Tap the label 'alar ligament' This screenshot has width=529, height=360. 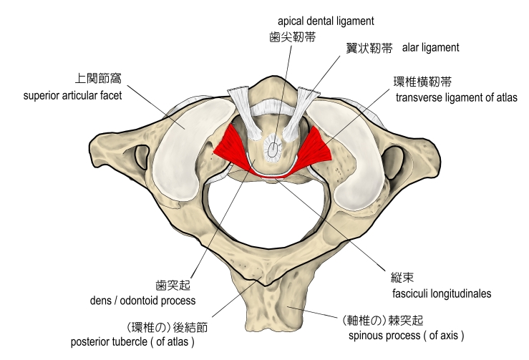point(430,48)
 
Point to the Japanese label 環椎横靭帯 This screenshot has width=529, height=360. point(422,82)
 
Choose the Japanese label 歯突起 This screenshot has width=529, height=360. point(171,286)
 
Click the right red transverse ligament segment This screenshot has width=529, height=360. point(313,146)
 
